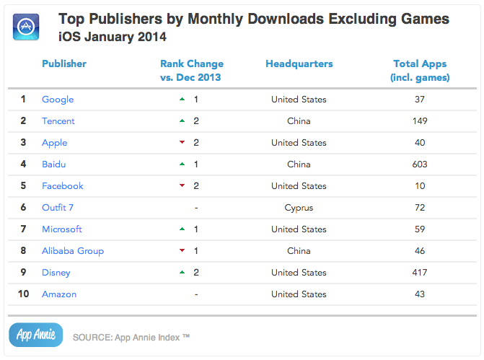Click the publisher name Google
[x=58, y=100]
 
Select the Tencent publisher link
[x=58, y=121]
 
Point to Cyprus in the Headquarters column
[x=299, y=208]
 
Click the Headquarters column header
[x=299, y=63]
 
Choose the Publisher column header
[x=64, y=63]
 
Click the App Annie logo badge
[x=35, y=335]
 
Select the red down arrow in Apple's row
[x=182, y=143]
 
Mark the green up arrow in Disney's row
[x=182, y=273]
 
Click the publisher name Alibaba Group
[x=73, y=251]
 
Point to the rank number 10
[x=23, y=294]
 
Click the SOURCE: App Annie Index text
[x=131, y=336]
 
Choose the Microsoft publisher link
[x=62, y=229]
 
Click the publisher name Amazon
[x=59, y=294]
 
